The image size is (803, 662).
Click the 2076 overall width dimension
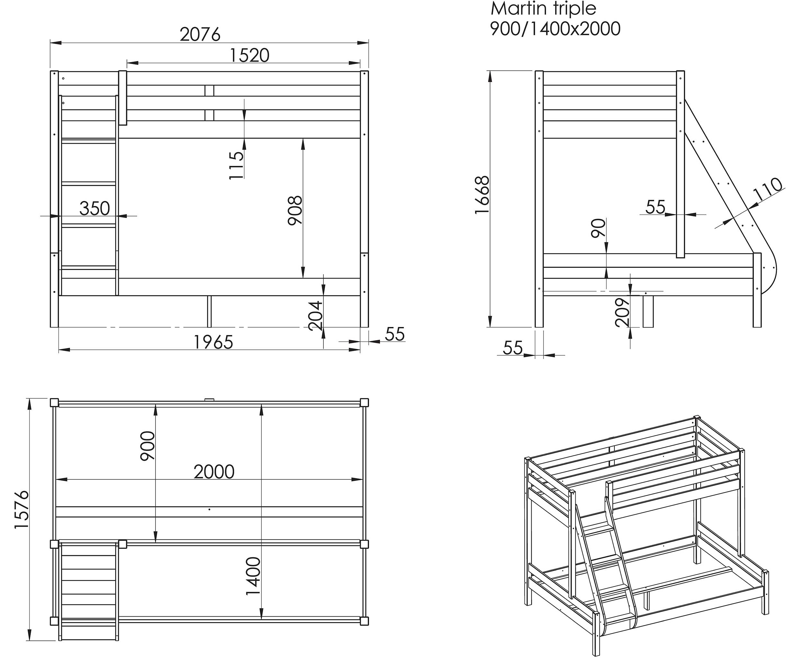click(x=200, y=35)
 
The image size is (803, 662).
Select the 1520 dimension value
click(x=250, y=55)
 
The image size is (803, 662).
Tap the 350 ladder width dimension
click(x=94, y=209)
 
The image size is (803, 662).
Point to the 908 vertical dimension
click(x=295, y=210)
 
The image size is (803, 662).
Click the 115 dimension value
click(x=236, y=165)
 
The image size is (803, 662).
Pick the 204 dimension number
click(x=315, y=316)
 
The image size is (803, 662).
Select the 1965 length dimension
click(x=213, y=342)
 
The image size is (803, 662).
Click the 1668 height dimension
click(x=482, y=195)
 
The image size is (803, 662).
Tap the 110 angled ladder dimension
click(x=769, y=189)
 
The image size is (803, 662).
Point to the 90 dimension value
click(x=598, y=228)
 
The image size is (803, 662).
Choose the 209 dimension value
click(x=622, y=312)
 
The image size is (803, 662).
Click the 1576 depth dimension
click(x=21, y=510)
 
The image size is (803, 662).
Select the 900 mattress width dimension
click(x=147, y=446)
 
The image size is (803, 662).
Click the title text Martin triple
click(x=543, y=8)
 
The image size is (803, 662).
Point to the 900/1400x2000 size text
click(x=555, y=29)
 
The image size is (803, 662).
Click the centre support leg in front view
click(x=209, y=311)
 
